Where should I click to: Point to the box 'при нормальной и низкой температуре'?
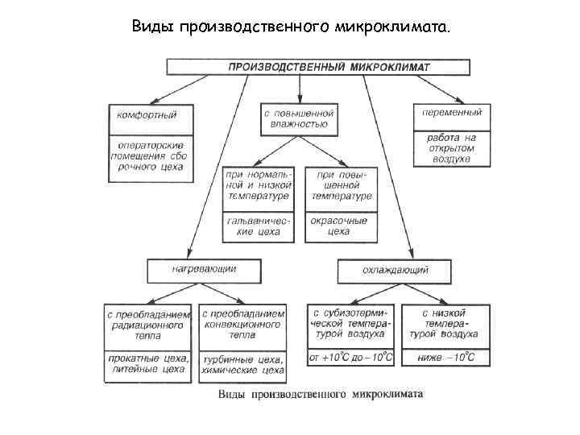click(257, 185)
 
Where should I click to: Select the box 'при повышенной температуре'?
click(339, 185)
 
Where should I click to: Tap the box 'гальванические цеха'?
click(257, 226)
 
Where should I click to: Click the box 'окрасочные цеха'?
click(339, 226)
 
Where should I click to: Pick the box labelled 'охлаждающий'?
click(394, 269)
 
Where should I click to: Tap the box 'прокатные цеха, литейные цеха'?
click(148, 364)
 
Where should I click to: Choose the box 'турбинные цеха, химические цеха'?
click(242, 364)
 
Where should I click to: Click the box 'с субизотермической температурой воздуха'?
click(350, 324)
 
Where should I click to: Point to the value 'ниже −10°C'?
click(444, 357)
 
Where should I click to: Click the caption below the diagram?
click(320, 395)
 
